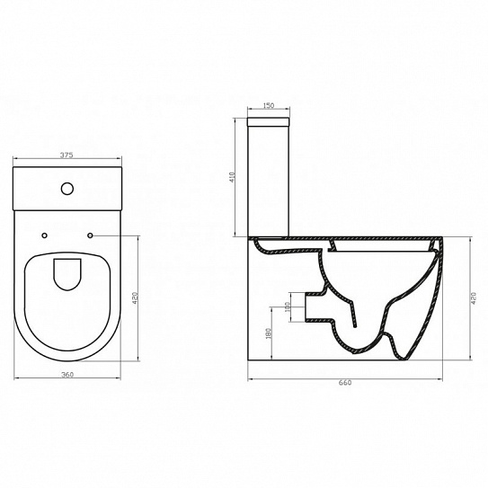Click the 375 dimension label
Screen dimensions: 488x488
(x=67, y=155)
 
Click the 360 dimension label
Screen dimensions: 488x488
(x=67, y=374)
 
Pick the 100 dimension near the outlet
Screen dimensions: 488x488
(x=287, y=307)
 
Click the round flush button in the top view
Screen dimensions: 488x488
(x=67, y=189)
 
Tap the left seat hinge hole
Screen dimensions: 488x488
(x=45, y=235)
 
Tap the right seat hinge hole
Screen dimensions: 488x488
(x=89, y=235)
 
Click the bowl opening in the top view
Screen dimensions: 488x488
(x=67, y=274)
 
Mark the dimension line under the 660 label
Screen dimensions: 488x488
(x=345, y=376)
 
